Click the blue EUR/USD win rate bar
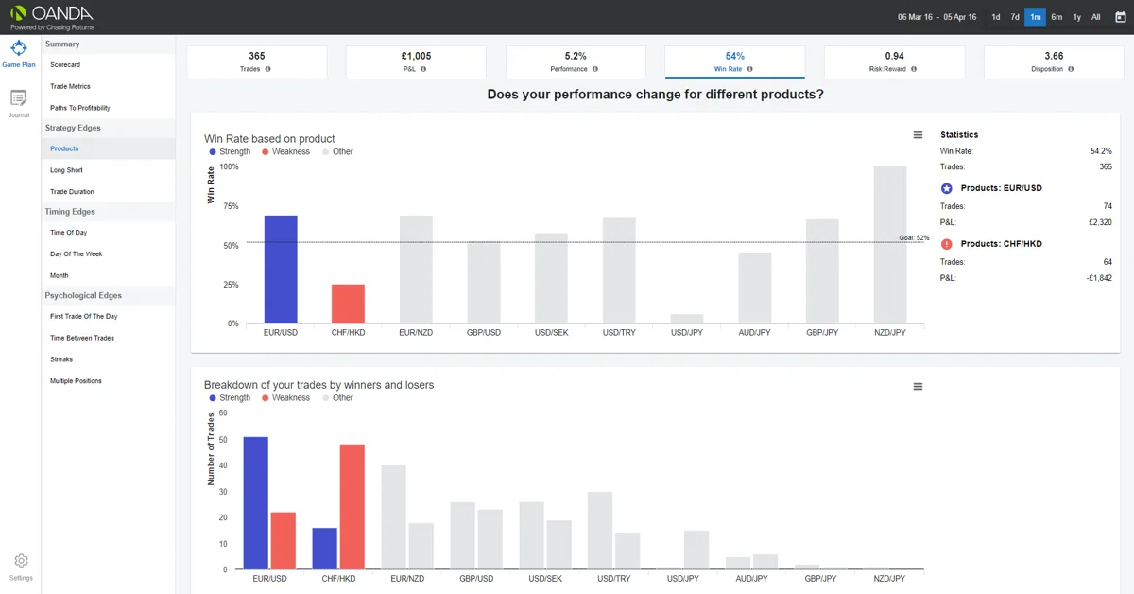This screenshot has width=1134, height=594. tap(281, 270)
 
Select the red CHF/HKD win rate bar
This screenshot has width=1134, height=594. tap(348, 304)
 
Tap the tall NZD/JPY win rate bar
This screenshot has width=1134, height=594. tap(890, 244)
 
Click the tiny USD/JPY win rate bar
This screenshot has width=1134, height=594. tap(687, 319)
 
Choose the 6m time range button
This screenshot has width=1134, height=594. tap(1057, 17)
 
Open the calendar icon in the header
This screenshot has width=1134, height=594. tap(1121, 17)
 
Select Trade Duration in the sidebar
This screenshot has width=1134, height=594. tap(72, 192)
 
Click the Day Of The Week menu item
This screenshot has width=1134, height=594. tap(76, 253)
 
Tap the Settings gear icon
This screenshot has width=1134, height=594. tap(21, 561)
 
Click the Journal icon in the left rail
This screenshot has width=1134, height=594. tap(19, 97)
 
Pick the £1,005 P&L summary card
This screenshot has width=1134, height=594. tap(416, 61)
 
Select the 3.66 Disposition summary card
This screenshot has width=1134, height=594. tap(1054, 61)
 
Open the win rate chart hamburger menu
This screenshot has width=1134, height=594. tap(918, 135)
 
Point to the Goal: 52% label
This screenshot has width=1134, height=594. tap(914, 237)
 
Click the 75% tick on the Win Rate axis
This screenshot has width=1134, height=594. tap(231, 206)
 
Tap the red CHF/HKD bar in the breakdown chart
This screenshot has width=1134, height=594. tap(352, 507)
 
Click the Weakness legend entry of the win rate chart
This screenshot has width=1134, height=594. tap(286, 151)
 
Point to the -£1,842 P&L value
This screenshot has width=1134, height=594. tap(1099, 278)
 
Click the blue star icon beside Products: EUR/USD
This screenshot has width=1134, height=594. tap(946, 188)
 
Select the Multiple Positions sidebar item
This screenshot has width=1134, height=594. tap(76, 380)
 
